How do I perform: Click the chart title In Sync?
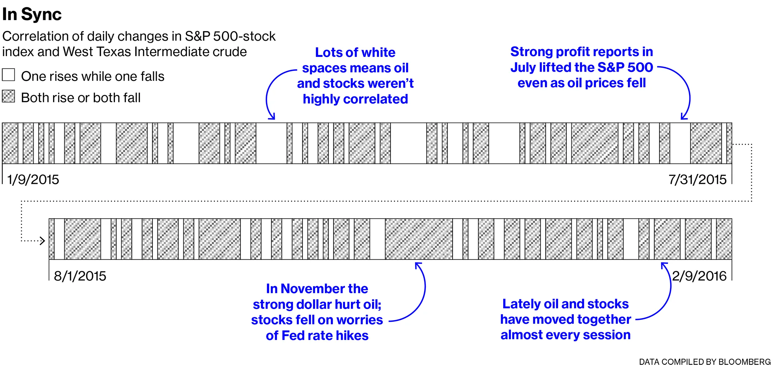pyautogui.click(x=32, y=14)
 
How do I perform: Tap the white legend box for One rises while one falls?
pyautogui.click(x=8, y=75)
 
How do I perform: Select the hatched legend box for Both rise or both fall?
pyautogui.click(x=8, y=96)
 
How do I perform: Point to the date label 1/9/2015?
pyautogui.click(x=33, y=180)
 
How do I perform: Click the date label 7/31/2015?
pyautogui.click(x=697, y=180)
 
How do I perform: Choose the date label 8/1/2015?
pyautogui.click(x=80, y=276)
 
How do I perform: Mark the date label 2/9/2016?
pyautogui.click(x=699, y=276)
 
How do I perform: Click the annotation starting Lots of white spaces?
pyautogui.click(x=355, y=76)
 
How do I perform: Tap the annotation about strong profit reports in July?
pyautogui.click(x=582, y=67)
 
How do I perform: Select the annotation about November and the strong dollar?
pyautogui.click(x=317, y=312)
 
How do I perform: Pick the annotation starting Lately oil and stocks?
pyautogui.click(x=565, y=319)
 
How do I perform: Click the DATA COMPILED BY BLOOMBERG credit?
pyautogui.click(x=705, y=362)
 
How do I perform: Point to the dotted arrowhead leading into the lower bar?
pyautogui.click(x=43, y=241)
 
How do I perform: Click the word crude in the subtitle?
pyautogui.click(x=229, y=52)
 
